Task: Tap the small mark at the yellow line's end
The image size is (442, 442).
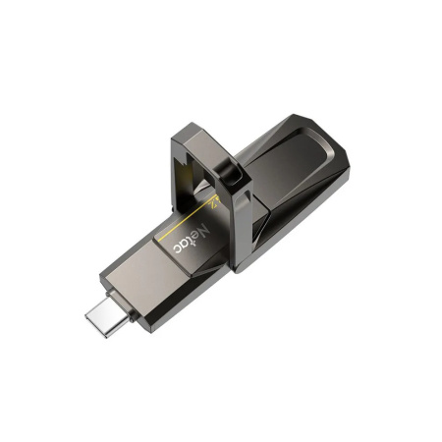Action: [215, 201]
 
